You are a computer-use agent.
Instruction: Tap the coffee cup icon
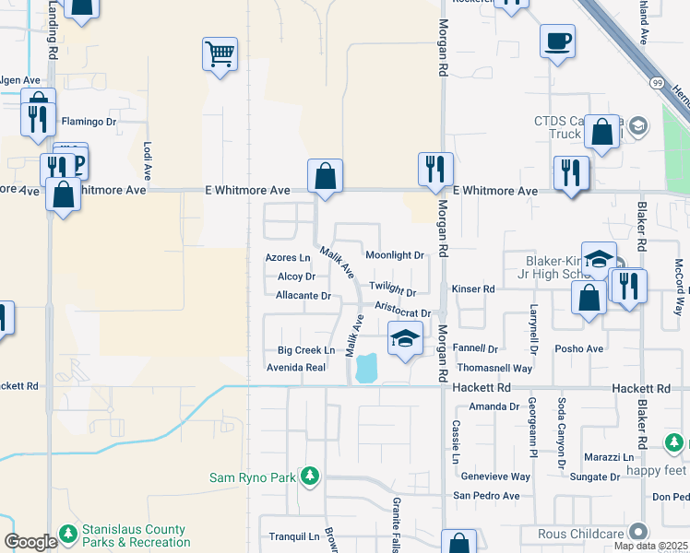coord(558,41)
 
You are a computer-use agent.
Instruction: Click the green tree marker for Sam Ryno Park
coord(311,477)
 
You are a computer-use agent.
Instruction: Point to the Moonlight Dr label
coord(394,255)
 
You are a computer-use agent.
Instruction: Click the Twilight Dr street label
coord(392,288)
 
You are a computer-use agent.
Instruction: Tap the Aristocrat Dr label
coord(403,313)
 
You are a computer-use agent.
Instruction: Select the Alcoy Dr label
coord(296,276)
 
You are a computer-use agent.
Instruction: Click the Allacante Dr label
coord(303,296)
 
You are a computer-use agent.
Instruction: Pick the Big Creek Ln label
coord(305,350)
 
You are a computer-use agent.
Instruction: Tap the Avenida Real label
coord(296,367)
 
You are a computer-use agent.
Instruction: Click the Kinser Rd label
coord(473,289)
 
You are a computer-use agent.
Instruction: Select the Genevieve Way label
coord(495,477)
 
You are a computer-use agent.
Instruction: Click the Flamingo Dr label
coord(89,122)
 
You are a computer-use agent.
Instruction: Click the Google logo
coord(30,542)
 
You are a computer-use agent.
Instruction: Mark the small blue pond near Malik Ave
coord(365,368)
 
